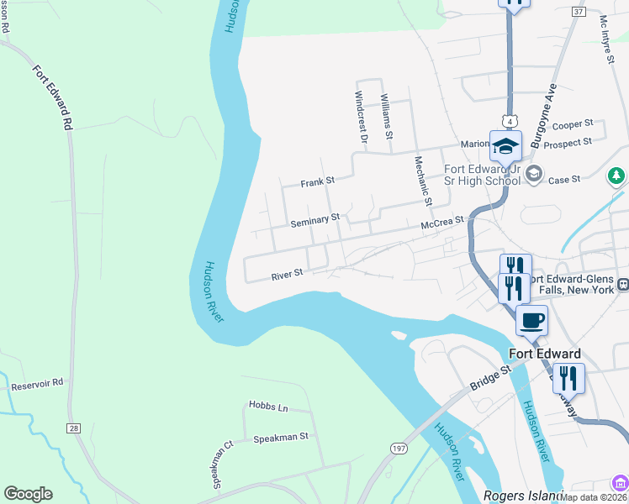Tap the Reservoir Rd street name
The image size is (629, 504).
37,386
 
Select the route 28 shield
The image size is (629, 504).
74,428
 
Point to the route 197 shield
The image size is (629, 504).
399,449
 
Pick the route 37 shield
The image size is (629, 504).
577,12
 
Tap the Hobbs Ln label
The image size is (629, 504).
268,407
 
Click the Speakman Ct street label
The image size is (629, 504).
222,465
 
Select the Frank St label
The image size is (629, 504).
318,181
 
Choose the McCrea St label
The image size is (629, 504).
442,222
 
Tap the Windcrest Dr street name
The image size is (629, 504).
362,116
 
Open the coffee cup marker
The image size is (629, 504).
531,320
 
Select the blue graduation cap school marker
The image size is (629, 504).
506,146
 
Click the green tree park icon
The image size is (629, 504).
616,176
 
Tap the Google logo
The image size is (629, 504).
28,494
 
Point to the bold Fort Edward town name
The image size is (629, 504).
544,354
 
